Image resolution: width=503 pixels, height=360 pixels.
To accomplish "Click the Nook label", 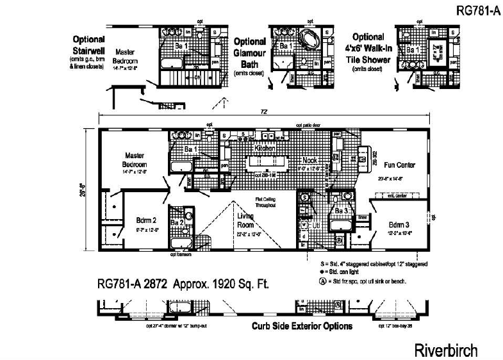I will pos(311,160).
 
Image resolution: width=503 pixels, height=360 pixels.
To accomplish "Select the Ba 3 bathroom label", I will pos(341,210).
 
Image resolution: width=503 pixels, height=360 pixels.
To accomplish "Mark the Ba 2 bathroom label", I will pos(178,222).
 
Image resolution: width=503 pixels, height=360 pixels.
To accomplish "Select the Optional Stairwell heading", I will pos(88,47).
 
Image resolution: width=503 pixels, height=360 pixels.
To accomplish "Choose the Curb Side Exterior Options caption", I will pos(302,326).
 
